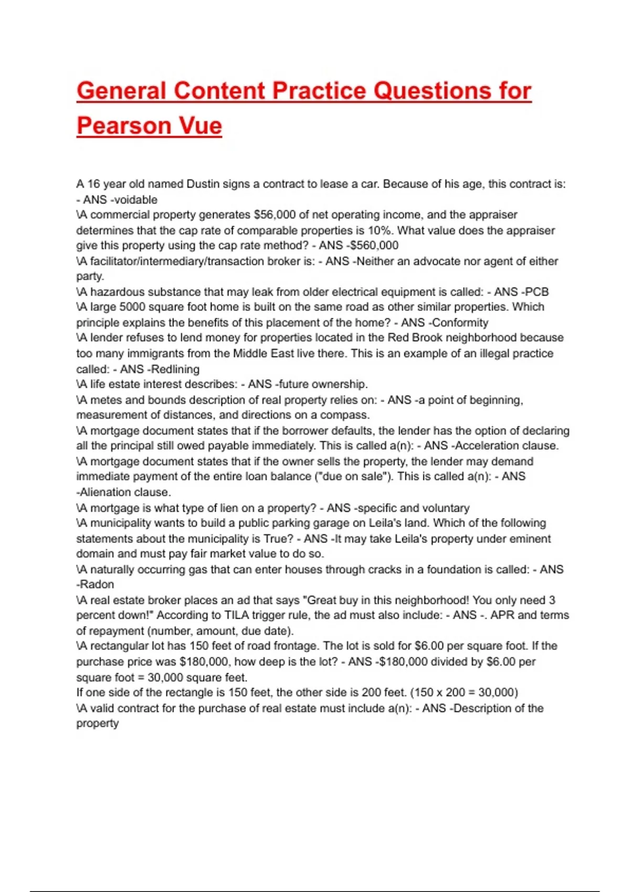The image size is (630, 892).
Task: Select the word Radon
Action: tap(97, 585)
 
